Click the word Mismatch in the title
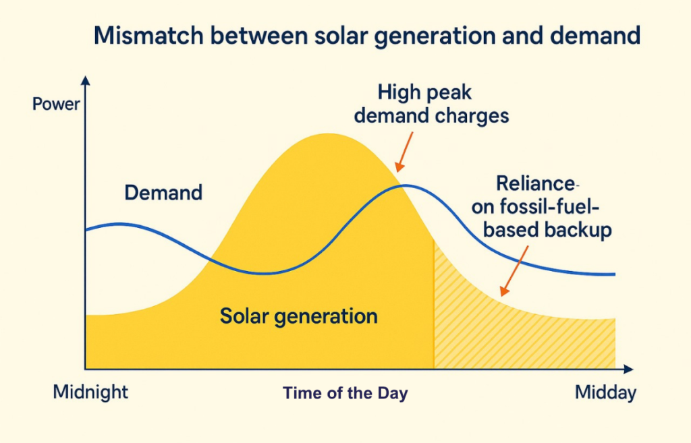pyautogui.click(x=148, y=35)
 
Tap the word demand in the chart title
pyautogui.click(x=595, y=35)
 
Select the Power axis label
pyautogui.click(x=56, y=105)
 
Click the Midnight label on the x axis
pyautogui.click(x=90, y=392)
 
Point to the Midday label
pyautogui.click(x=605, y=392)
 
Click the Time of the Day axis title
pyautogui.click(x=345, y=393)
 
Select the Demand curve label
pyautogui.click(x=163, y=193)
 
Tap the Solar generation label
pyautogui.click(x=299, y=316)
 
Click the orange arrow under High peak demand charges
pyautogui.click(x=404, y=152)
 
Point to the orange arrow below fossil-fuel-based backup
pyautogui.click(x=514, y=271)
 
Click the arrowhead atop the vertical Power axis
pyautogui.click(x=86, y=80)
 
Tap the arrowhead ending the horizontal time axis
pyautogui.click(x=628, y=369)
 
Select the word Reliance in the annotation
pyautogui.click(x=535, y=183)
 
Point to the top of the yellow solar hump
pyautogui.click(x=327, y=135)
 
